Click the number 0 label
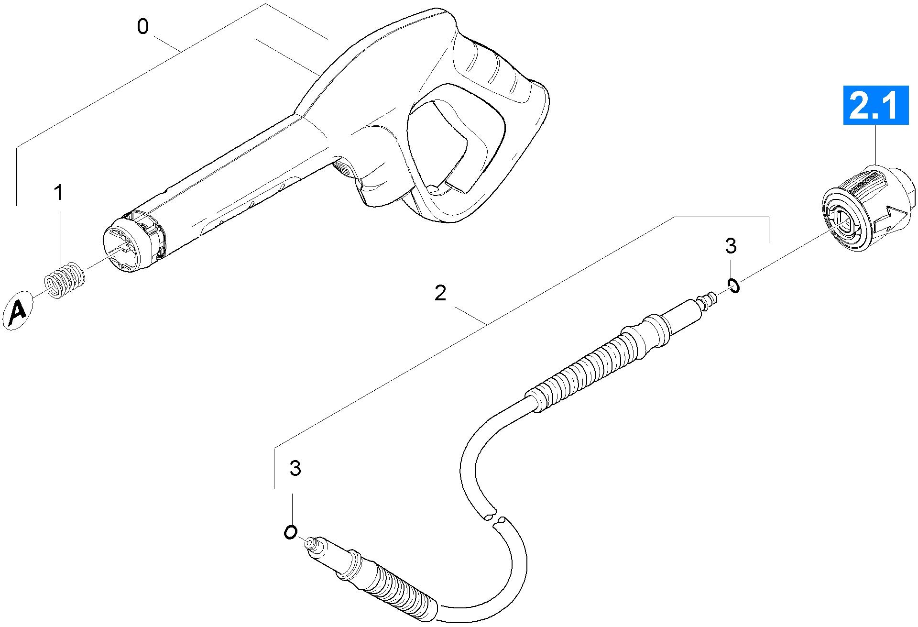pos(142,27)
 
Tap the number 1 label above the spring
pos(58,193)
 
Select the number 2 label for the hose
pos(440,293)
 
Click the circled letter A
pos(18,311)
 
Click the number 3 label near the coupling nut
pos(731,246)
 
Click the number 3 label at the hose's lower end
pos(295,468)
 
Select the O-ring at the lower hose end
pos(290,532)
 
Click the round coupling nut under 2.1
pos(865,207)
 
